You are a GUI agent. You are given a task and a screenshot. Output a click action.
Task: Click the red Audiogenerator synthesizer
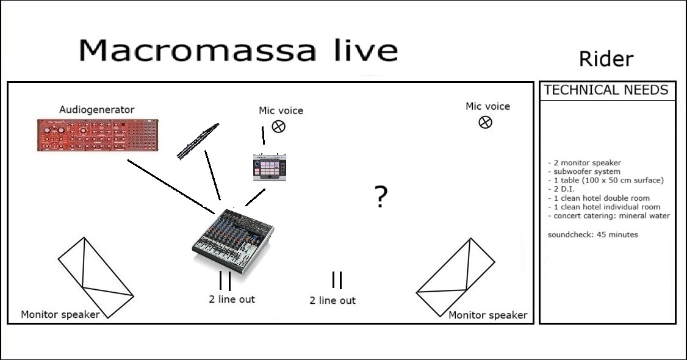point(97,135)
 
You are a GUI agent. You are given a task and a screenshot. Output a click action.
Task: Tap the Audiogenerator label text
point(97,109)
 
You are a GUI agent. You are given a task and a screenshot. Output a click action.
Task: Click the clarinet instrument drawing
point(198,141)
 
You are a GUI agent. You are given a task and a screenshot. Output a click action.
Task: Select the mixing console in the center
point(232,241)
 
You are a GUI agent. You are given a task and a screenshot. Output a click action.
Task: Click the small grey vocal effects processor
point(270,167)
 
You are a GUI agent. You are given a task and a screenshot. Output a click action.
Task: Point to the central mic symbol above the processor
point(279,126)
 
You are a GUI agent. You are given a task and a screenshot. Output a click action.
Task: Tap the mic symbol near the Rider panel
point(486,122)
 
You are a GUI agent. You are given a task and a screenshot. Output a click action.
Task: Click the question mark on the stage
point(381,196)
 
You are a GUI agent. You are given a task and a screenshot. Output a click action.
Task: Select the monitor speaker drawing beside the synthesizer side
point(96,278)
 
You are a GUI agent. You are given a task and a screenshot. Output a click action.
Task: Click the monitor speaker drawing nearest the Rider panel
point(456,277)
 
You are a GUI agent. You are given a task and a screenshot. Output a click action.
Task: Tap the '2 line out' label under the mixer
point(232,299)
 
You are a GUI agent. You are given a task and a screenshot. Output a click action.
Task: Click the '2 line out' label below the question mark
point(333,300)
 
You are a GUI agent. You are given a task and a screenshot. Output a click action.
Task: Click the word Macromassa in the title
point(198,50)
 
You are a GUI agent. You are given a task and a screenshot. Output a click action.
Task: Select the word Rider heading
point(606,59)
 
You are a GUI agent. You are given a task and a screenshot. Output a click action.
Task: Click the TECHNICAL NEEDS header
point(606,90)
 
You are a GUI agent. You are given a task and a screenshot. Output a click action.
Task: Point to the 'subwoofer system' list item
point(584,171)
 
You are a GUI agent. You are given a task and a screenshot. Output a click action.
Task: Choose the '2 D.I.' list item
point(561,189)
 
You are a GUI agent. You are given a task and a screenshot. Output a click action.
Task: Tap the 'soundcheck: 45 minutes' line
point(593,234)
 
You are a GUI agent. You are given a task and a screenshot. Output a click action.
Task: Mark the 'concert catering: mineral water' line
point(608,215)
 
